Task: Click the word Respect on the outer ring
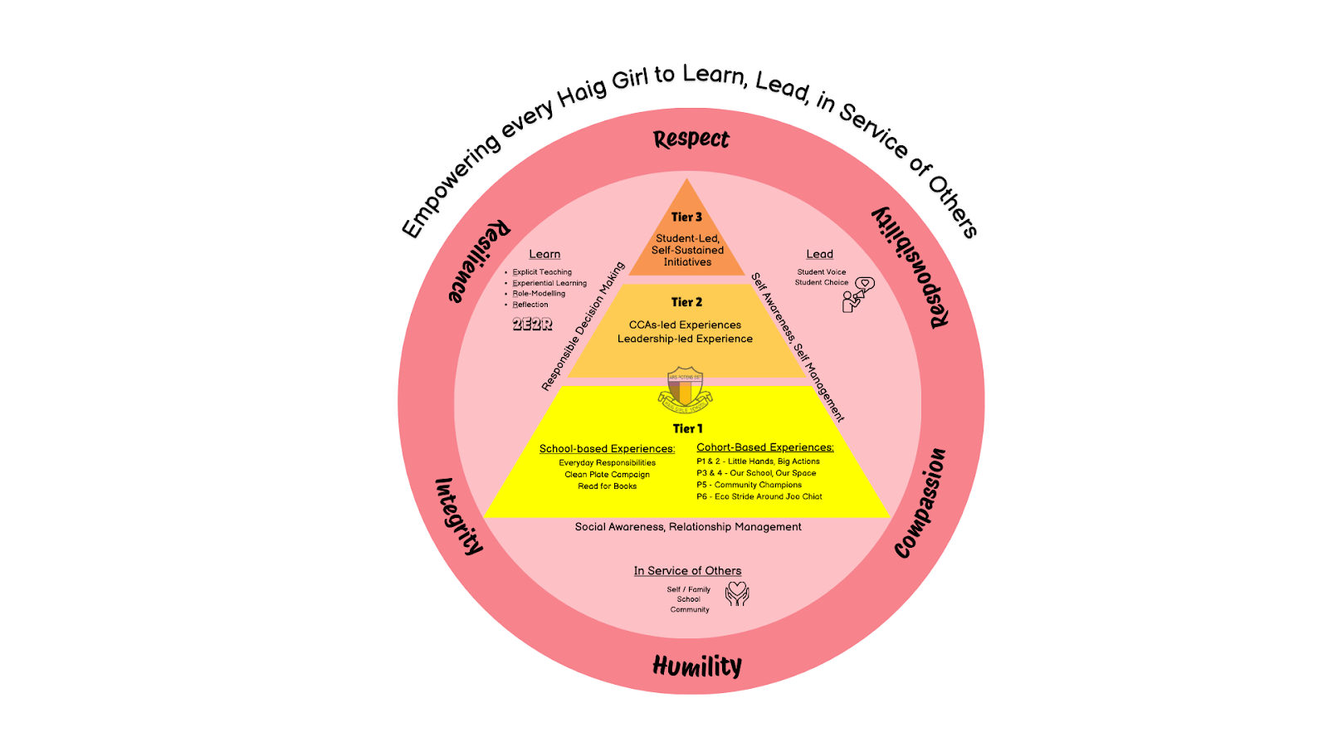coord(691,139)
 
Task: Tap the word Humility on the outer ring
coord(697,666)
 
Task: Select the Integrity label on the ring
coord(459,515)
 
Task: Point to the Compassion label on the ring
coord(920,503)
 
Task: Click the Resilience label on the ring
coord(479,261)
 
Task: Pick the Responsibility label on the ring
coord(911,266)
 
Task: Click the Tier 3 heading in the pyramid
coord(686,217)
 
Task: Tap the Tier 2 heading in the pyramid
coord(686,302)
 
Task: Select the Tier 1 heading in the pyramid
coord(687,428)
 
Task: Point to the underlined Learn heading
coord(544,254)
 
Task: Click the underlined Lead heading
coord(819,254)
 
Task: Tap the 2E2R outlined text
coord(532,324)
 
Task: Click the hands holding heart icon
coord(737,593)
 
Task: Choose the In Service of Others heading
coord(687,571)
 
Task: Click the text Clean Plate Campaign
coord(607,475)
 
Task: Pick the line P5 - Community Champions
coord(749,485)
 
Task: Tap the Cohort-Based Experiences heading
coord(764,447)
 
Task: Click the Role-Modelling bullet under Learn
coord(539,294)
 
